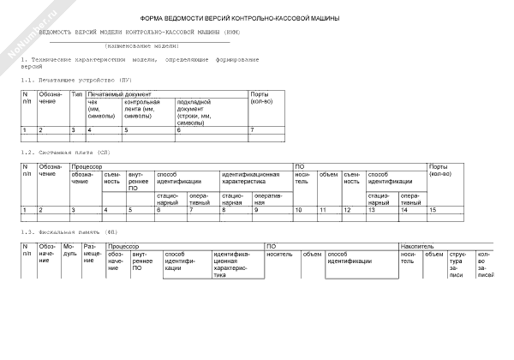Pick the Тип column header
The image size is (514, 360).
[x=77, y=93]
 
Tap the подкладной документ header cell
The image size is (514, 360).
[x=197, y=111]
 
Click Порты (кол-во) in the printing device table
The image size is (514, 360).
[x=261, y=97]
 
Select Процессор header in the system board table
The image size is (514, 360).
[x=87, y=166]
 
